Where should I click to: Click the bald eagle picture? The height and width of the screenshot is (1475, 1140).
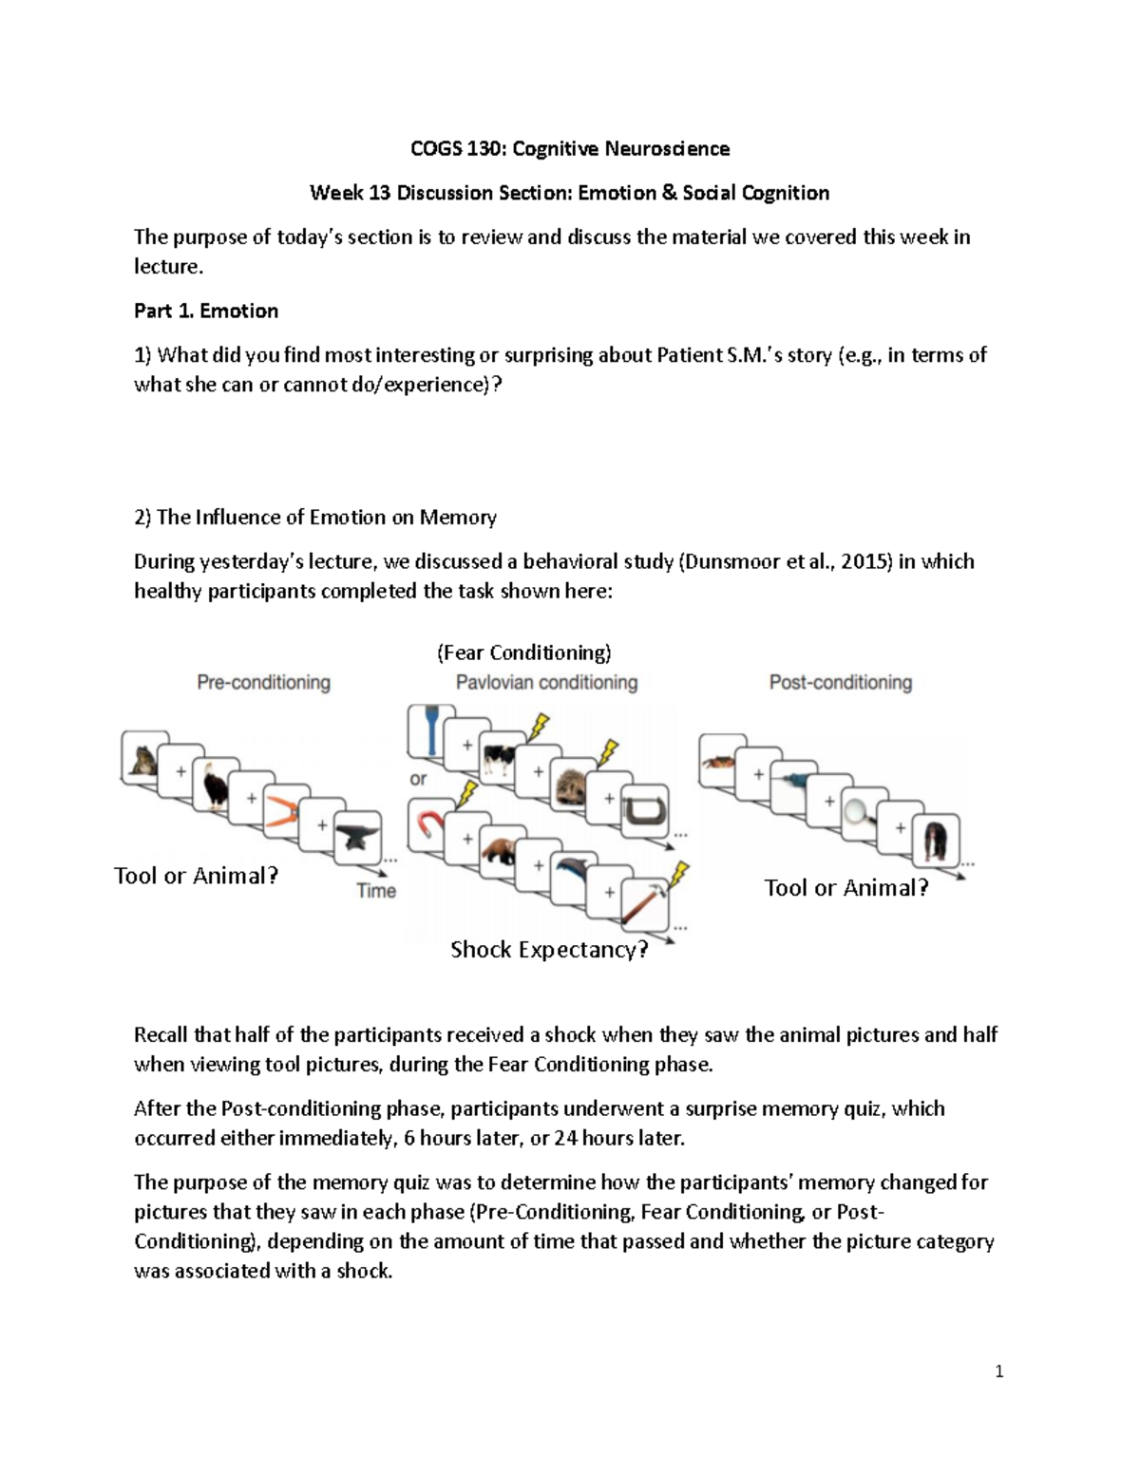click(215, 784)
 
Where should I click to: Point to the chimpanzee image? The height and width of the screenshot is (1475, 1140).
click(935, 840)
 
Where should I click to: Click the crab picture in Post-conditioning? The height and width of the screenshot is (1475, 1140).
click(721, 761)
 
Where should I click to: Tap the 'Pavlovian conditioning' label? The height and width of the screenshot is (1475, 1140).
click(546, 682)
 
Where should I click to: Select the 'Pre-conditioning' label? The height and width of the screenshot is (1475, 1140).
click(263, 682)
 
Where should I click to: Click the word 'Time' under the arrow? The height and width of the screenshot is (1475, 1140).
click(376, 891)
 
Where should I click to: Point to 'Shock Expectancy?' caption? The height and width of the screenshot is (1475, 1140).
click(548, 950)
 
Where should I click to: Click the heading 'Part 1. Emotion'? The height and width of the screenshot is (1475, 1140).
click(206, 311)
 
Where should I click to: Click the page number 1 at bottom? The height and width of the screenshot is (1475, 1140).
click(998, 1371)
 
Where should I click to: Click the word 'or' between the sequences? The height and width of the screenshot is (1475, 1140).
click(418, 779)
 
